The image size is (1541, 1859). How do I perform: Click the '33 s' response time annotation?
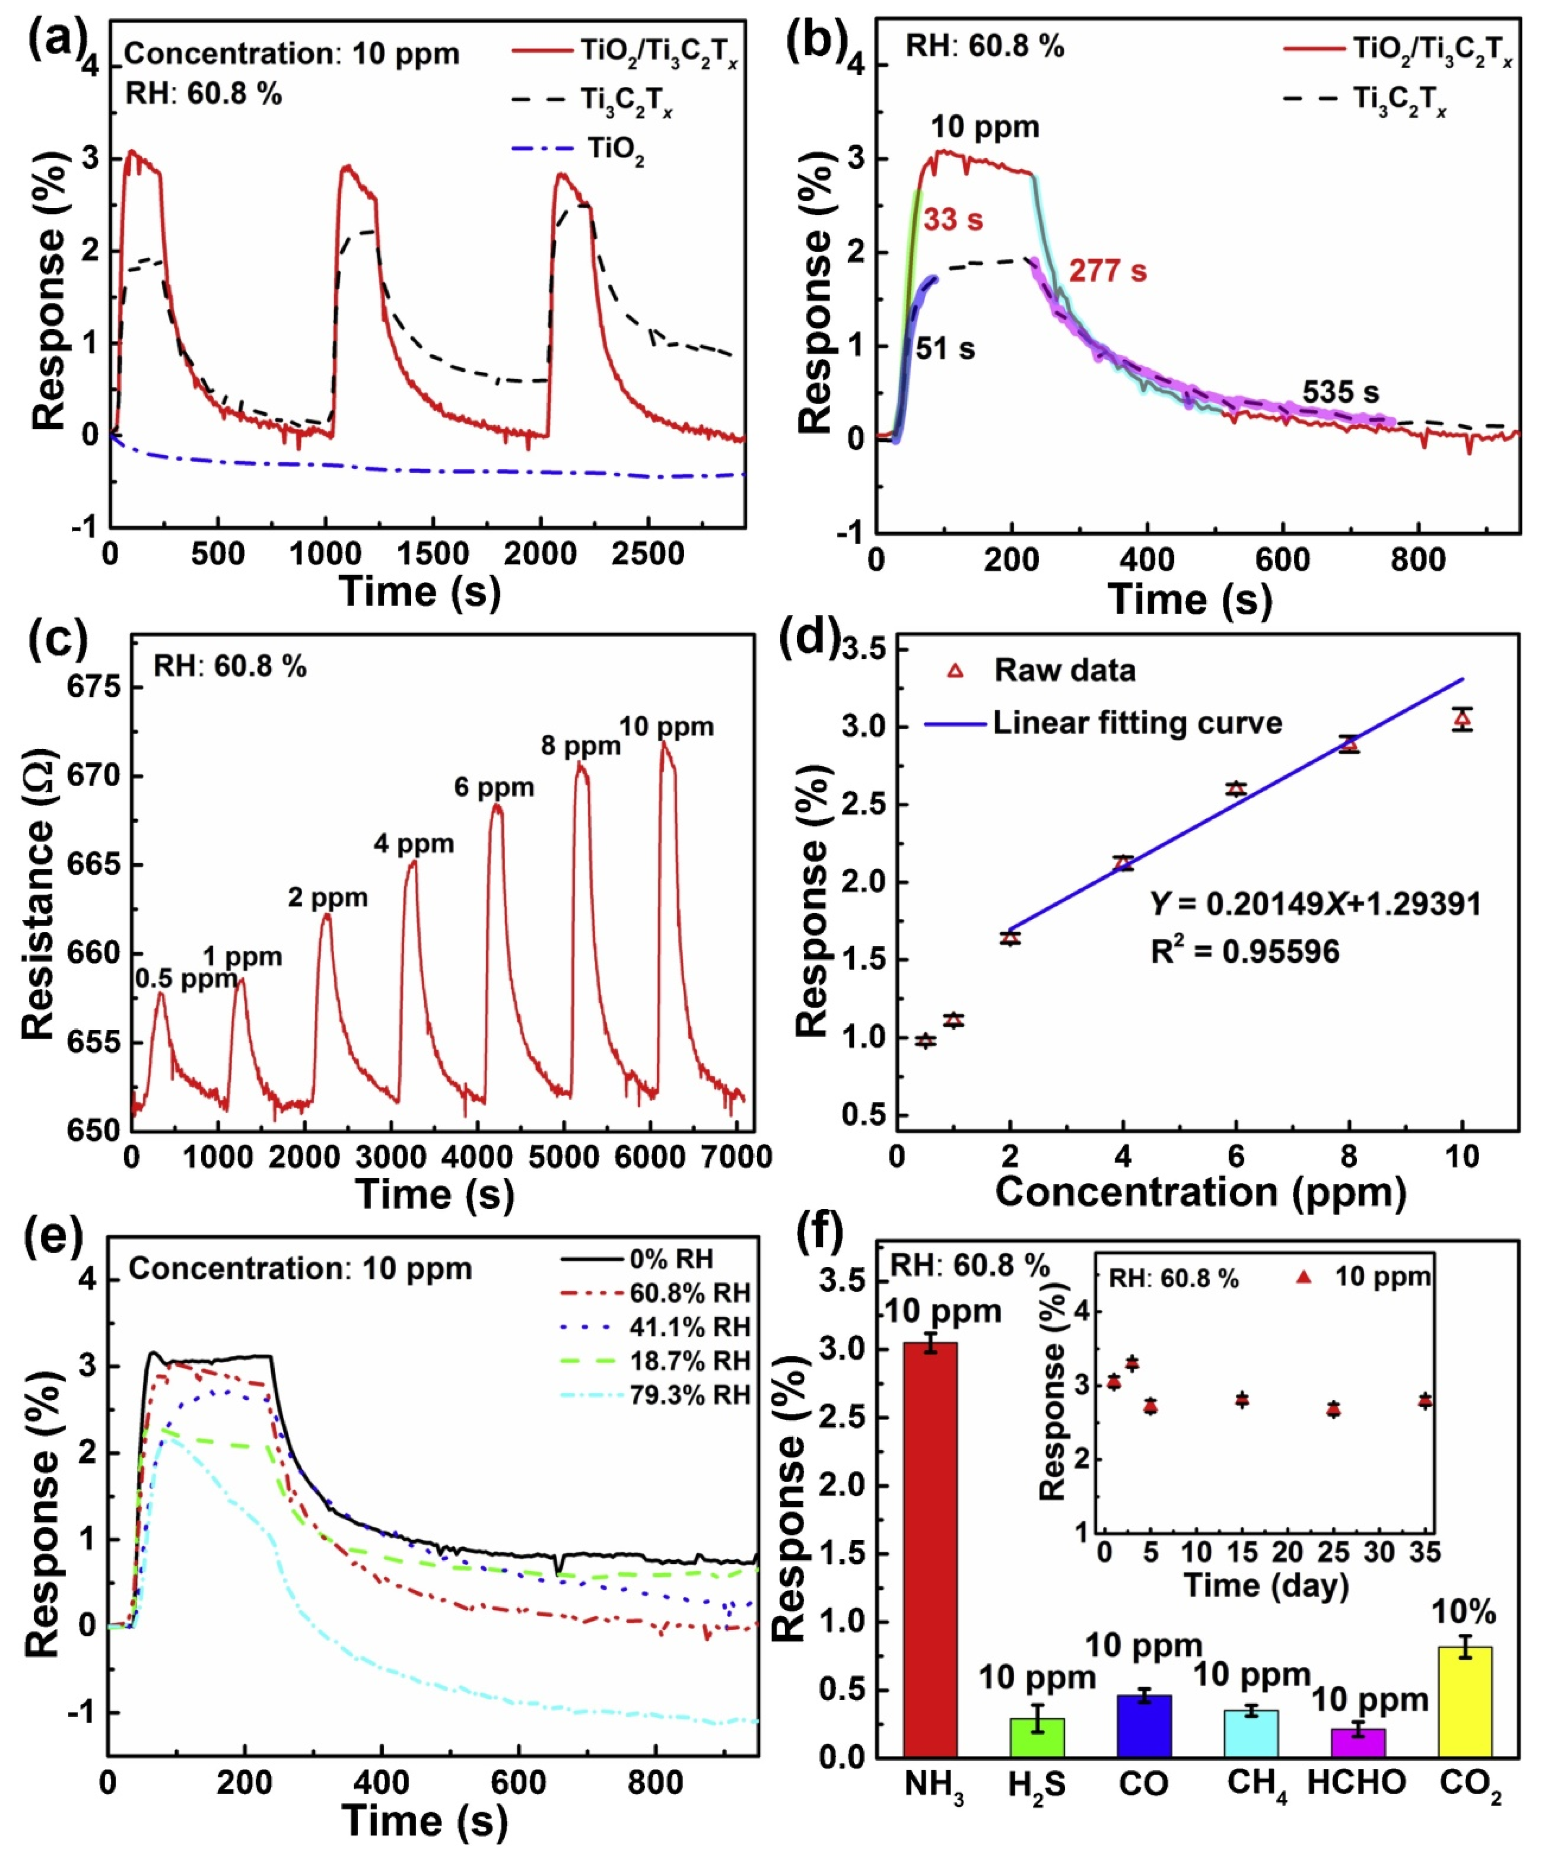(x=953, y=220)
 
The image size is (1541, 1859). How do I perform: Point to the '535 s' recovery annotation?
(x=1340, y=392)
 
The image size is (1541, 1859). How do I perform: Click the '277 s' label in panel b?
(x=1107, y=271)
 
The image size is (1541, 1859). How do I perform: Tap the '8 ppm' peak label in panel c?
(x=581, y=746)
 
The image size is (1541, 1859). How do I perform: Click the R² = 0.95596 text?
(x=1245, y=951)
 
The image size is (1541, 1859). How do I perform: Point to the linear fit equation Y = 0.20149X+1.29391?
(x=1315, y=904)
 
